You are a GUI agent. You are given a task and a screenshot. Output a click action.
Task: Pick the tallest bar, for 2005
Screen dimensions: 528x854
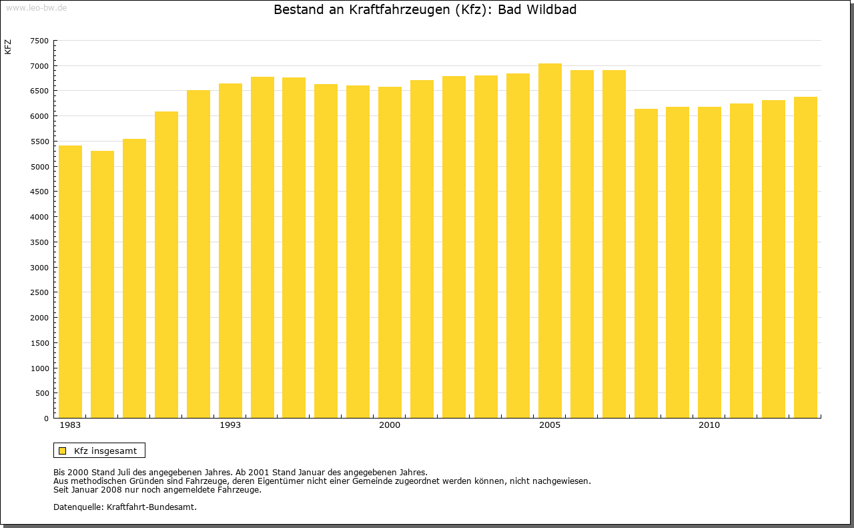click(x=550, y=241)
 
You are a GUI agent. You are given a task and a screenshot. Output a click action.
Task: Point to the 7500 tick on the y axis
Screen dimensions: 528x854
click(x=40, y=41)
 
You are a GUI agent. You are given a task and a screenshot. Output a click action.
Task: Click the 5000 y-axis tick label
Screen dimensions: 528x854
click(x=40, y=167)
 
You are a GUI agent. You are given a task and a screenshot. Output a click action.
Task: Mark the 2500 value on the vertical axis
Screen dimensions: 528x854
click(x=40, y=292)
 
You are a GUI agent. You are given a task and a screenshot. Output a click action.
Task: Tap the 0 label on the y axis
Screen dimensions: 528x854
click(x=45, y=419)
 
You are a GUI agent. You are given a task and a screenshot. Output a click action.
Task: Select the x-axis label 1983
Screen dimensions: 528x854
click(x=70, y=425)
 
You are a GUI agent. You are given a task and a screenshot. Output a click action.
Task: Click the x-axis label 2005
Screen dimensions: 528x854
click(x=550, y=425)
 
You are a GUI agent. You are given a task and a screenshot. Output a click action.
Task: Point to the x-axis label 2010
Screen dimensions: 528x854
click(x=709, y=425)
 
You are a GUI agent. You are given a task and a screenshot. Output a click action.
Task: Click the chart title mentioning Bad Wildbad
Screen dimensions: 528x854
click(x=425, y=10)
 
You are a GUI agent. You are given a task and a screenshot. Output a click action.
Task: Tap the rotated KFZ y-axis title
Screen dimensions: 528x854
click(x=8, y=47)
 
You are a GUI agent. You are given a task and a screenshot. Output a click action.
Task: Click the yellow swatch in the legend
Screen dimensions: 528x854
click(x=63, y=451)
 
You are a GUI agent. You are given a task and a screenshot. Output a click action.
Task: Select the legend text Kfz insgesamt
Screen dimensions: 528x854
click(x=105, y=451)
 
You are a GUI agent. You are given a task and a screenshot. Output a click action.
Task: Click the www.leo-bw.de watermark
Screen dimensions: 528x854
click(x=35, y=7)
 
